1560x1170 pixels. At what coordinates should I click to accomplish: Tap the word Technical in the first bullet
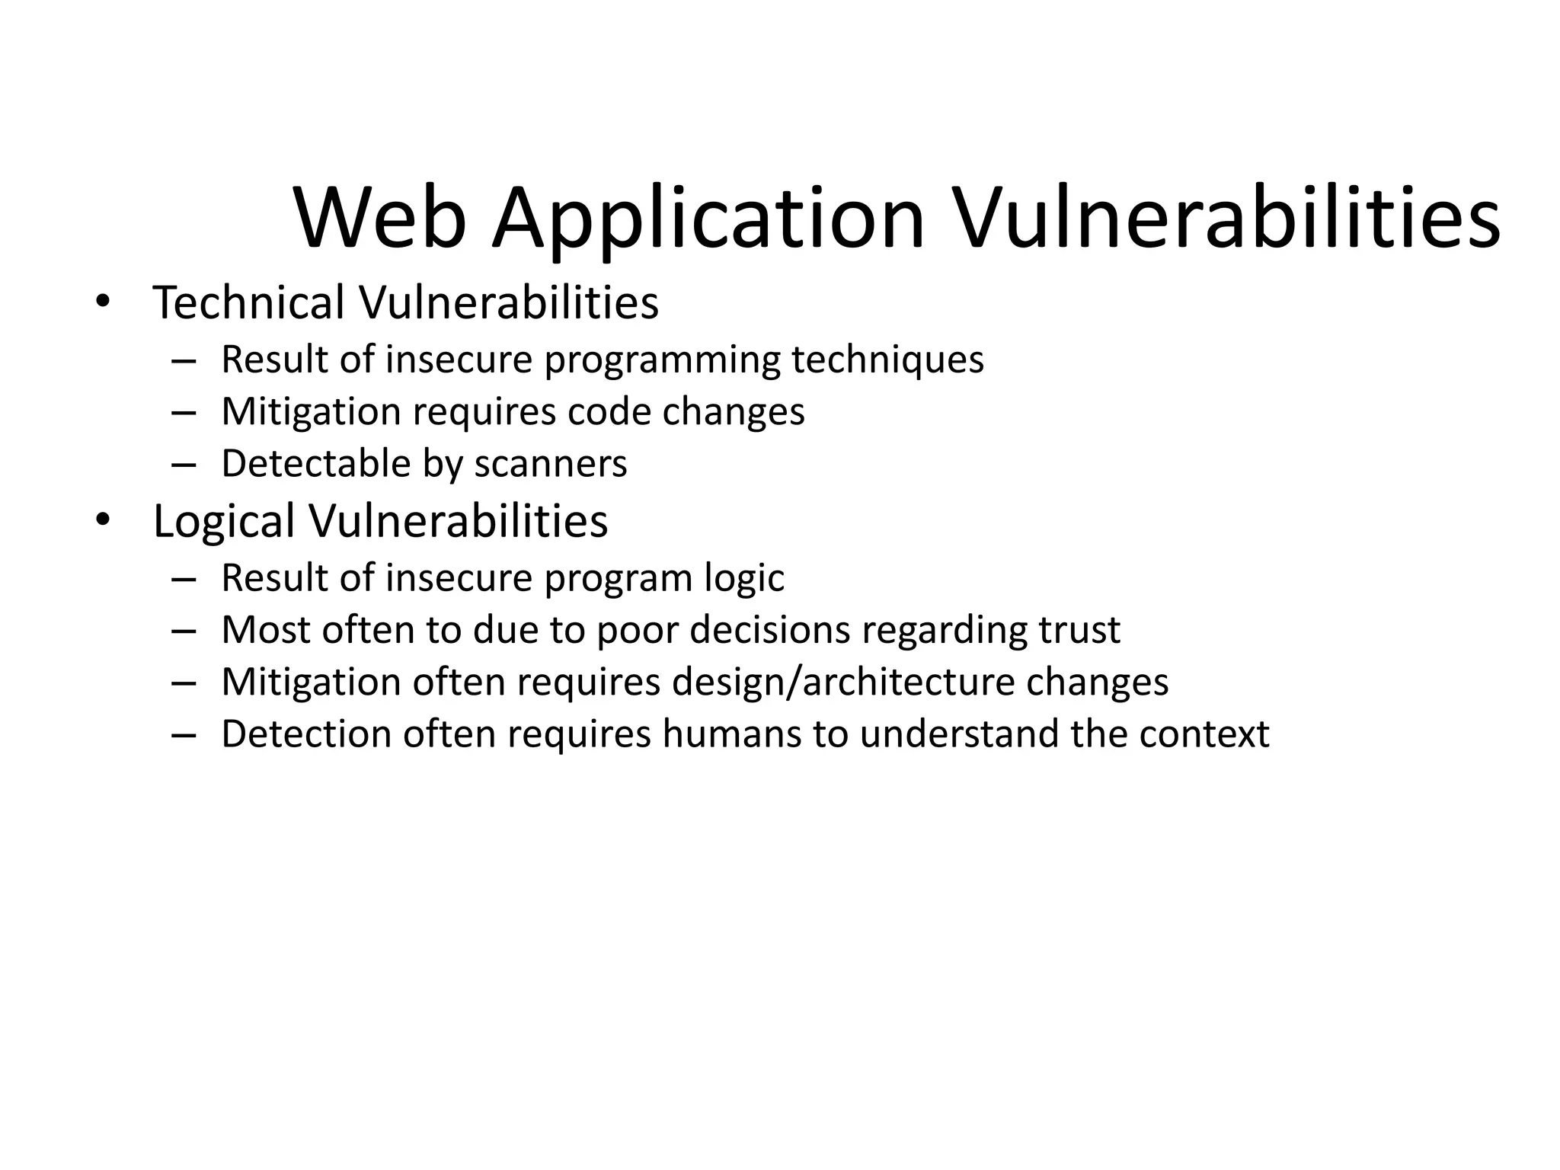tap(249, 302)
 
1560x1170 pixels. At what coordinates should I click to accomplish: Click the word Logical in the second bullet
tap(224, 522)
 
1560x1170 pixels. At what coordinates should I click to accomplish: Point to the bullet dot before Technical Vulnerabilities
tap(103, 301)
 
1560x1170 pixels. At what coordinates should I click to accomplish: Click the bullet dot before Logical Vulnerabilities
tap(103, 520)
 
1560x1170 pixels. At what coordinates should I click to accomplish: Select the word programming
tap(662, 360)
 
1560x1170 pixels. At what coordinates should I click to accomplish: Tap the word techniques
tap(887, 360)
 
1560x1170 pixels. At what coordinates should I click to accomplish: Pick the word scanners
tap(550, 464)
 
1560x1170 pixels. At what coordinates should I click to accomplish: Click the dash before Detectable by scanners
tap(184, 464)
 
